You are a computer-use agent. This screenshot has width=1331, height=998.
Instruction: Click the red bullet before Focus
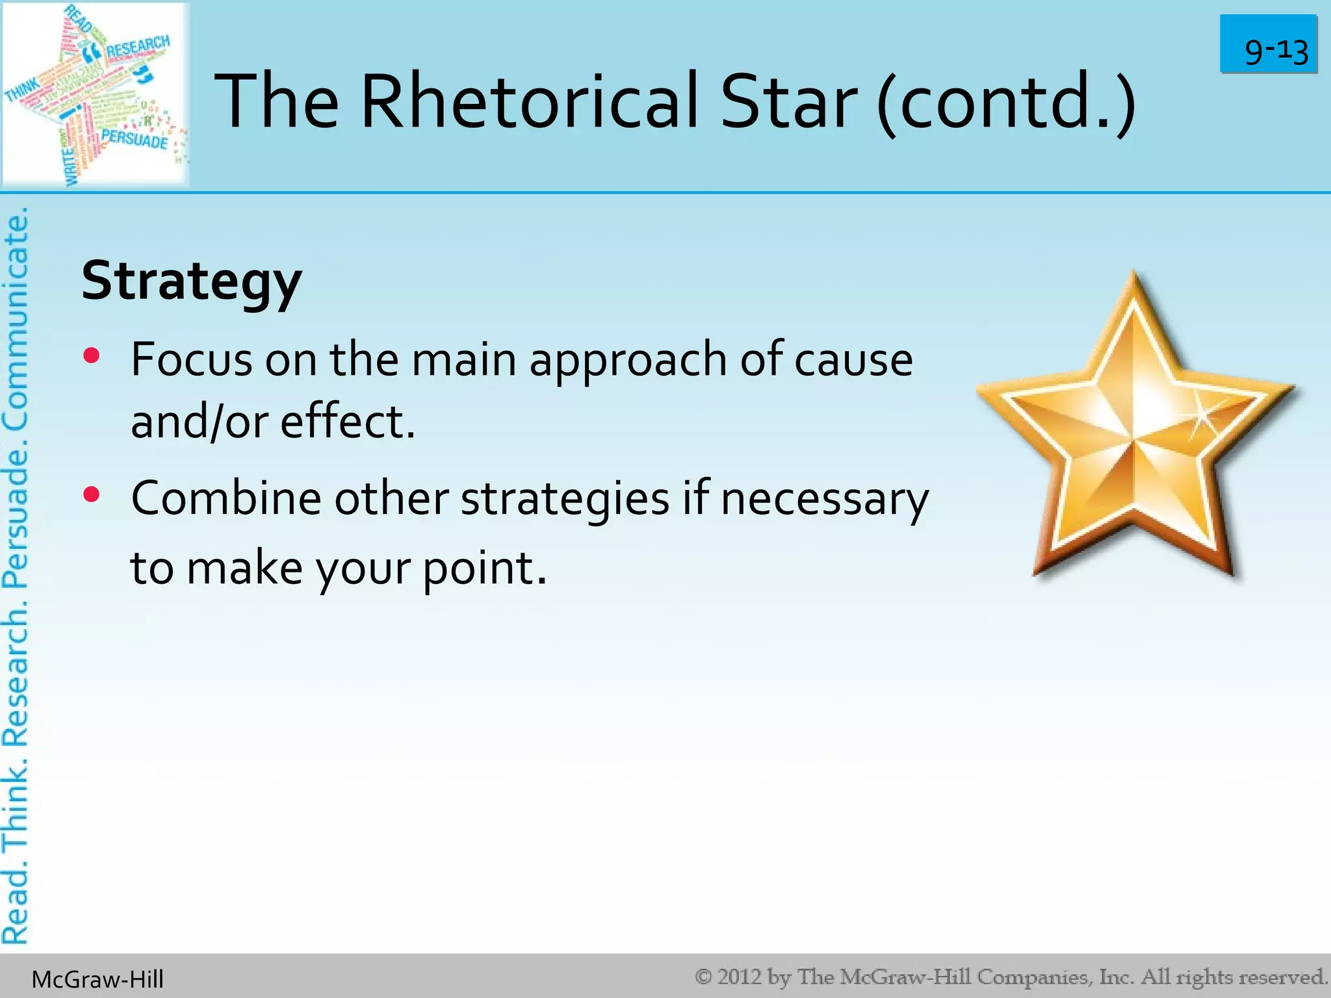(92, 355)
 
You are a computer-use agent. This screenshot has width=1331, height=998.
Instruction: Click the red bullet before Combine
(92, 495)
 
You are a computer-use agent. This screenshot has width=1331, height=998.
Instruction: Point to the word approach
(628, 361)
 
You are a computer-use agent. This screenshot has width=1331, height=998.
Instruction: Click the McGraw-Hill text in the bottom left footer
(97, 979)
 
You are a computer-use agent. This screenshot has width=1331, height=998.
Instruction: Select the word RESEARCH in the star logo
(138, 47)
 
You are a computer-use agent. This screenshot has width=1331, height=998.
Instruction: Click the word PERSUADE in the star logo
(134, 138)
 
